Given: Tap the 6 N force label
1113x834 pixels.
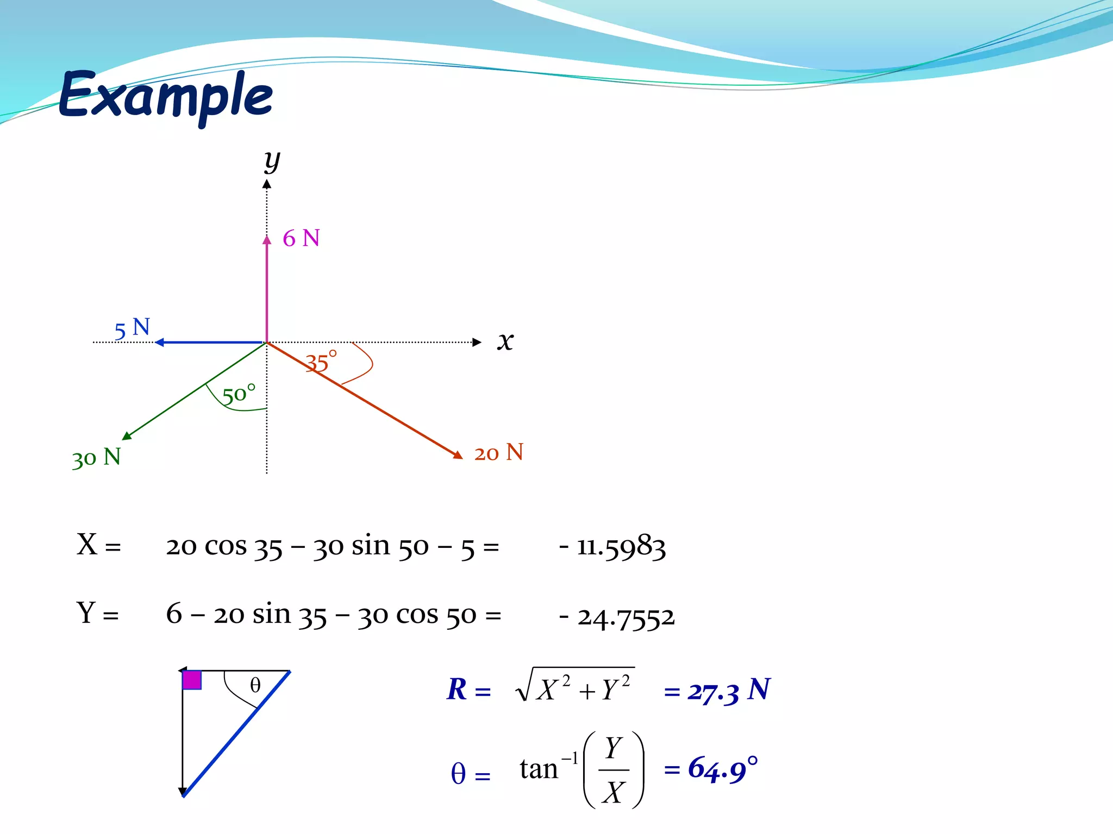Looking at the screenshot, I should click(x=301, y=238).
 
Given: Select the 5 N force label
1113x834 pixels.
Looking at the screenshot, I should click(x=132, y=328).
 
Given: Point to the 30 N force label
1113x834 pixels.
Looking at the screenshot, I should click(x=96, y=458).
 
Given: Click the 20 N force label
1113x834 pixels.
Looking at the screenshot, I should click(x=498, y=453).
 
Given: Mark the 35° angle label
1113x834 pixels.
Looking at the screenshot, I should click(x=321, y=362).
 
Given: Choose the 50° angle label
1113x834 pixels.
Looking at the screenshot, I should click(x=239, y=394).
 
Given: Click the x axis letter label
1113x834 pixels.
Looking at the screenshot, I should click(x=505, y=341).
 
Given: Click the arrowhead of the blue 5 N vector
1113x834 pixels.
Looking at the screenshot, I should click(x=160, y=342).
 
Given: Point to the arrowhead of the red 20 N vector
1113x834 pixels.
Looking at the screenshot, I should click(x=458, y=455).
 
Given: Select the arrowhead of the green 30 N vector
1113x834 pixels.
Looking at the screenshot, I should click(x=127, y=435).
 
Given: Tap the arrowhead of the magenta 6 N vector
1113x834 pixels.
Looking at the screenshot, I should click(x=267, y=240).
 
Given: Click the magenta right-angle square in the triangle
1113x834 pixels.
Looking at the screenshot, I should click(x=192, y=680).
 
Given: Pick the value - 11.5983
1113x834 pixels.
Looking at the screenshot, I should click(x=612, y=546).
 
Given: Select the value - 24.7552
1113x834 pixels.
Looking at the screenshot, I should click(x=617, y=617).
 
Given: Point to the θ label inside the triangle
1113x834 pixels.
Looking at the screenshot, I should click(x=255, y=685).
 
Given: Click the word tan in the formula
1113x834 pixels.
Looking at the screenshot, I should click(x=539, y=769).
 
